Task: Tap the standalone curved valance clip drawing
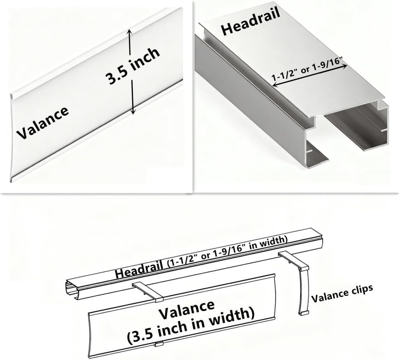coord(303,291)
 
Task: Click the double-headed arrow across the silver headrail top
coord(310,76)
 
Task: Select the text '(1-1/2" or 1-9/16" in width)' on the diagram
coord(226,252)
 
